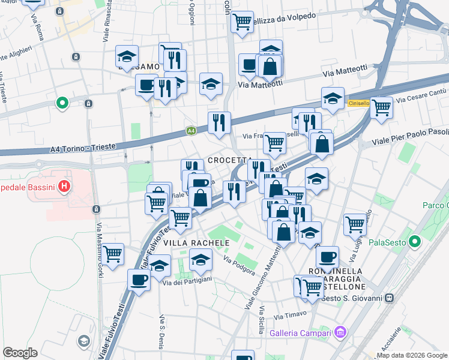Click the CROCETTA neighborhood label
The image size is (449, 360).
[230, 161]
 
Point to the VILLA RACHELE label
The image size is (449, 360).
[197, 242]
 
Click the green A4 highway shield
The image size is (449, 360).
[190, 130]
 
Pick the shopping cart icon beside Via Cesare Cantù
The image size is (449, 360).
[382, 108]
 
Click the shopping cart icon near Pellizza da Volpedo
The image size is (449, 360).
[242, 22]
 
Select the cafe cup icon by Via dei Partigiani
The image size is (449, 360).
[139, 279]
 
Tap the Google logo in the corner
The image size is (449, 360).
[20, 352]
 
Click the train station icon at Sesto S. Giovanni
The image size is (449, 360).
[390, 298]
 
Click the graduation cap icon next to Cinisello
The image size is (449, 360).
[333, 97]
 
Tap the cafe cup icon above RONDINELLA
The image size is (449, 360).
[327, 256]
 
